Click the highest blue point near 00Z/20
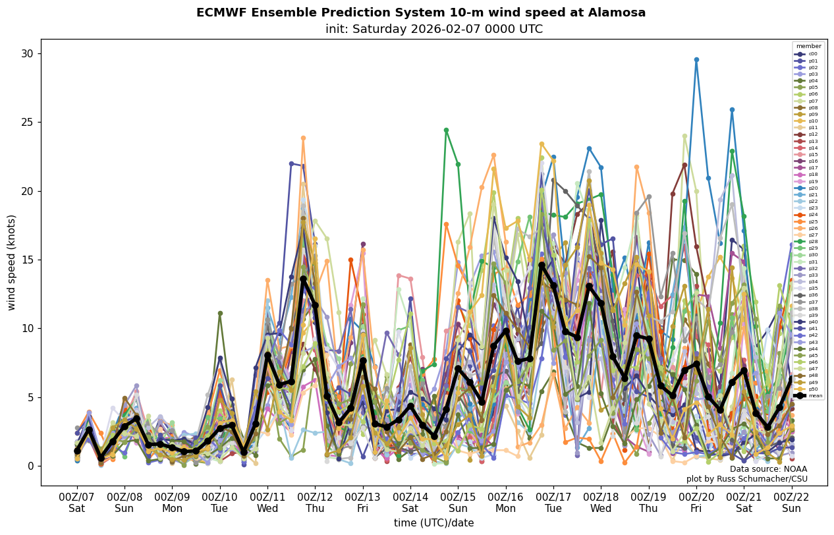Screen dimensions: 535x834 [696, 59]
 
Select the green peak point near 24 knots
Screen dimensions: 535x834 [446, 130]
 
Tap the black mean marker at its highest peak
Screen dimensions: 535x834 [542, 265]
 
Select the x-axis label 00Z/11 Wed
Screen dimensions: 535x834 [267, 503]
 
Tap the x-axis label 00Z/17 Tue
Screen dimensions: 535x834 [553, 503]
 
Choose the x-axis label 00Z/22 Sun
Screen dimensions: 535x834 [792, 503]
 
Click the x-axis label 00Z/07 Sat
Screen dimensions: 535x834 [77, 503]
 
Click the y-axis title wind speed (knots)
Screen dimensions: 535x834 [11, 262]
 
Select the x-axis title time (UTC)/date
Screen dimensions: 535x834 [433, 523]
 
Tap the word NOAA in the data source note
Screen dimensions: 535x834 [794, 469]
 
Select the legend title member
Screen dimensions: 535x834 [808, 46]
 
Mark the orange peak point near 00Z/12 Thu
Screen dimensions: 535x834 [303, 138]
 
